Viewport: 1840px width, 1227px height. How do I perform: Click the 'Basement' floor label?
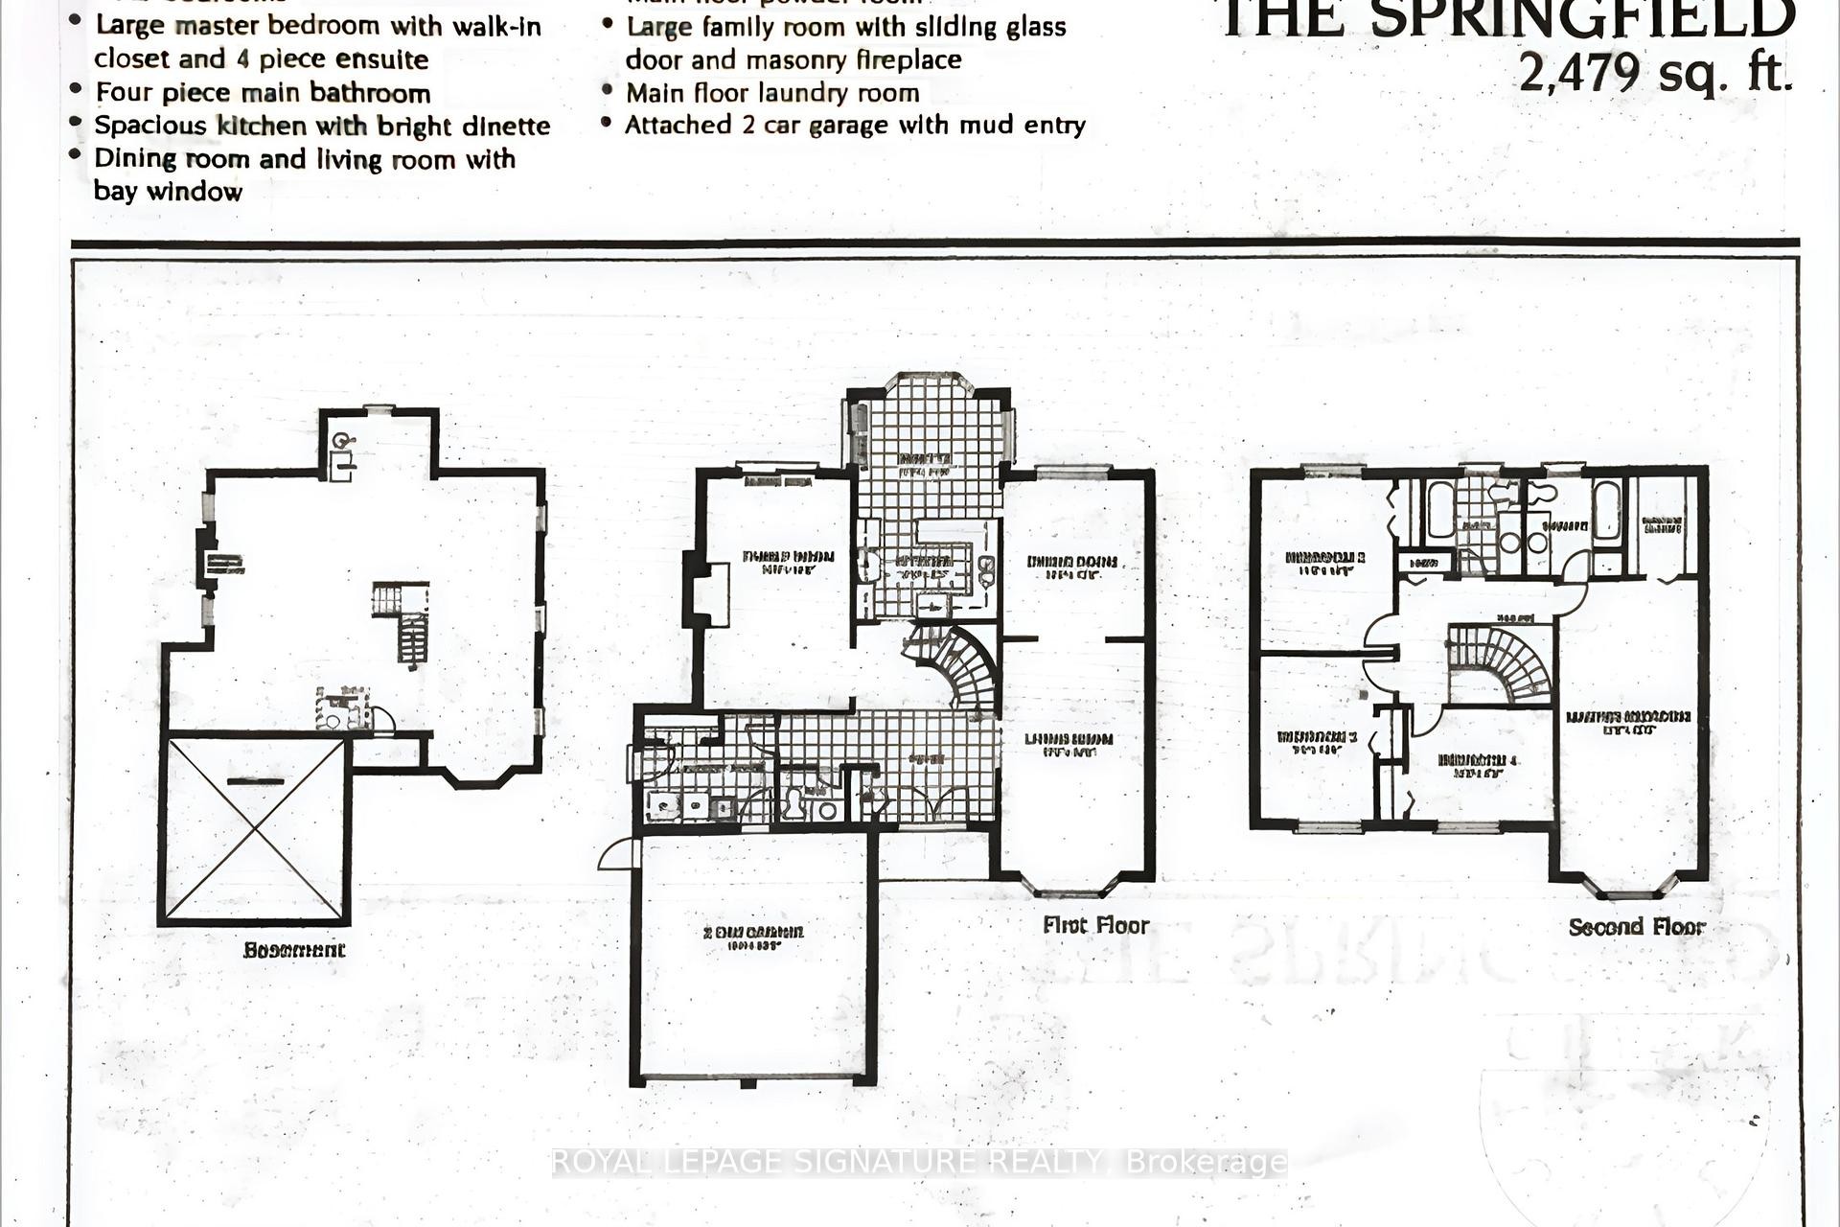[293, 950]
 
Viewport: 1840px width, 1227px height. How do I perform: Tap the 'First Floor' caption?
[1095, 925]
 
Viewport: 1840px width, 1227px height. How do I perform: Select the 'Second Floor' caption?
[1637, 927]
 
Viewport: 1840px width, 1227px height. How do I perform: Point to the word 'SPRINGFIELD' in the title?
[1582, 19]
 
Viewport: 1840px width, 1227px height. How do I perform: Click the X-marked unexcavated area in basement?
[255, 829]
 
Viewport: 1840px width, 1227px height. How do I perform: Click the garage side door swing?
[618, 853]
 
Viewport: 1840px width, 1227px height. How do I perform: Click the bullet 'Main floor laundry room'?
[772, 93]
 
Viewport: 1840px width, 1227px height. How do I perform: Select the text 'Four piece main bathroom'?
[263, 93]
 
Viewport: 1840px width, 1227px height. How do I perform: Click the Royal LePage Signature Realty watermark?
[918, 1162]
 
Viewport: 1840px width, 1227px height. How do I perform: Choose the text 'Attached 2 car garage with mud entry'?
[855, 126]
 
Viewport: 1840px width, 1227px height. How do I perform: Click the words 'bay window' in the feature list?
[169, 192]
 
